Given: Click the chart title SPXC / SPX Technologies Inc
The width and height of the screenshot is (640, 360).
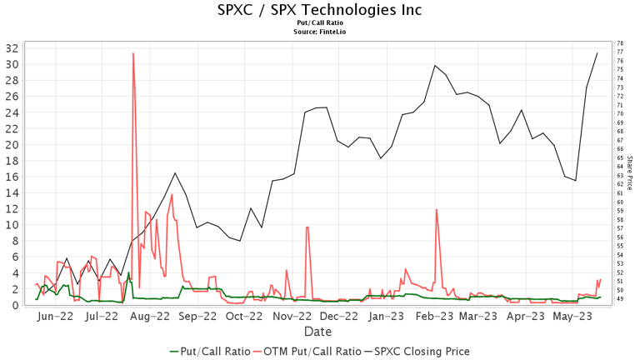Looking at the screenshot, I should [x=320, y=10].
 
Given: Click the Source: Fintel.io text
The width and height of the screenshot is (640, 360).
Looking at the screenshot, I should [x=320, y=31].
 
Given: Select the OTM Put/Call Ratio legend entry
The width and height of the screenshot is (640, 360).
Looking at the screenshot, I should [x=312, y=352].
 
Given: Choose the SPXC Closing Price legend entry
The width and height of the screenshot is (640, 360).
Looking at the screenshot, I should [x=424, y=352].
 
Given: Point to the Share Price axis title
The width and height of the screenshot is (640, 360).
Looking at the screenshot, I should [x=631, y=172].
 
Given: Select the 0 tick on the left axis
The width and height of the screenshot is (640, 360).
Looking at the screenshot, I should [x=14, y=305].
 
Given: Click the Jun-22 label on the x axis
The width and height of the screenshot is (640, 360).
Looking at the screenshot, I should [x=57, y=317].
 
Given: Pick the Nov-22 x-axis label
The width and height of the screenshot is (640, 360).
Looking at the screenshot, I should [x=292, y=317].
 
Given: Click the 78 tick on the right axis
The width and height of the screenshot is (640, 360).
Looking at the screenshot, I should [x=620, y=43].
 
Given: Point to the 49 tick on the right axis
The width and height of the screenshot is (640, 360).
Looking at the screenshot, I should [x=620, y=299].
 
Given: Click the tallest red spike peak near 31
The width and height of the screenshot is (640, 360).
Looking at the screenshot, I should [x=133, y=53].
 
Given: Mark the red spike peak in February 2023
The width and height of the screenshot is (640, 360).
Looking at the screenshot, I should [x=436, y=209].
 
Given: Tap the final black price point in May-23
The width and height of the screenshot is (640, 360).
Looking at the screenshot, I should [x=597, y=52].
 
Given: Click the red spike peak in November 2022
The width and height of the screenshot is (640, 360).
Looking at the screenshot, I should [x=307, y=227].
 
